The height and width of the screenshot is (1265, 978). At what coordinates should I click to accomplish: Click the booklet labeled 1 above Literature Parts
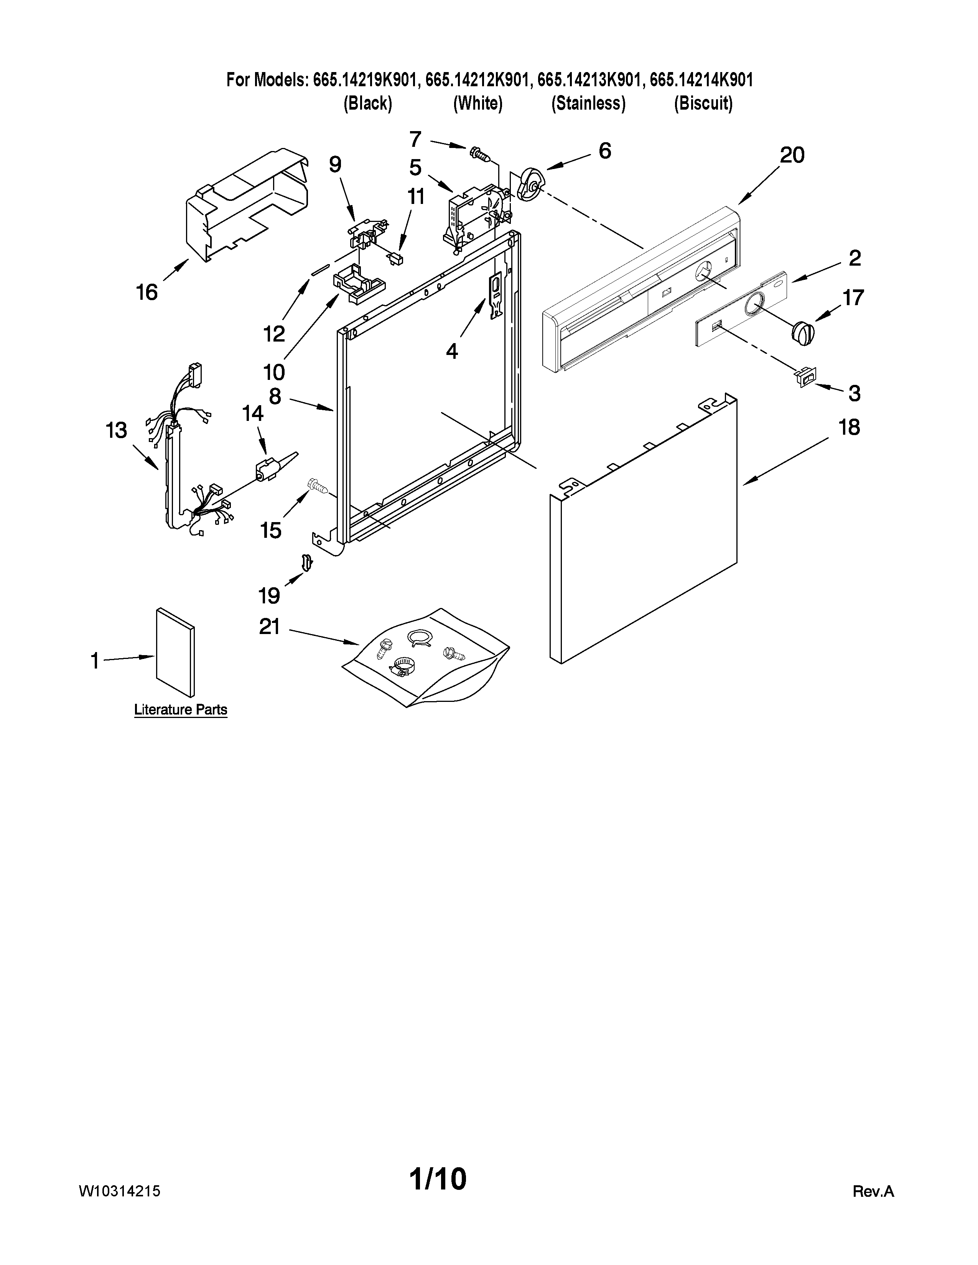[x=175, y=652]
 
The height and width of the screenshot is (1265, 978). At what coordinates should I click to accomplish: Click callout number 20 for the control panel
[x=792, y=155]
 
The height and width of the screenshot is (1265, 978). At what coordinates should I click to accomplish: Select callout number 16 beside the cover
[x=147, y=292]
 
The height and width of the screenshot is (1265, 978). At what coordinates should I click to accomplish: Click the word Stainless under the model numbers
[x=588, y=103]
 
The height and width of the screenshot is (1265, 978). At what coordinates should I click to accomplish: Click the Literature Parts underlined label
[x=180, y=710]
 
